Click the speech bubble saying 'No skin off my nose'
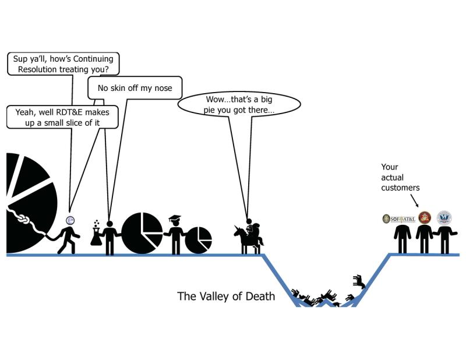pos(135,89)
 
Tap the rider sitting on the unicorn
pos(250,229)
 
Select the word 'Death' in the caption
pos(260,297)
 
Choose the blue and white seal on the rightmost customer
pos(444,218)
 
